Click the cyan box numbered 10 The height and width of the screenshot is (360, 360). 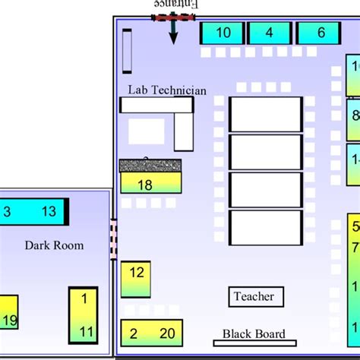tap(223, 33)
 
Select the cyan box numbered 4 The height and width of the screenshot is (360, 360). tap(269, 33)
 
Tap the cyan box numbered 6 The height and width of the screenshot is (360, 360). tap(319, 33)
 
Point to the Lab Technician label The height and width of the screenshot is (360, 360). tap(166, 90)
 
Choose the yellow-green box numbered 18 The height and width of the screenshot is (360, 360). tap(150, 183)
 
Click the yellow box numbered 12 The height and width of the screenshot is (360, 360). tap(136, 279)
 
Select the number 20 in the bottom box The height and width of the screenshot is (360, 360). tap(167, 333)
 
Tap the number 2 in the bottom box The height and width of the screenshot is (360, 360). tap(133, 333)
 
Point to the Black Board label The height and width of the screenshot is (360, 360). tap(254, 334)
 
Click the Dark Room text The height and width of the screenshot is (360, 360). tap(54, 245)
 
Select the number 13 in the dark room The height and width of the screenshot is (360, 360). tap(49, 212)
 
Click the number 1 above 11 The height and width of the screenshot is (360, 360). tap(84, 298)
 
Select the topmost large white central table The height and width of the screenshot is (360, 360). tap(266, 114)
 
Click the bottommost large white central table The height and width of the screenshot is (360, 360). tap(266, 228)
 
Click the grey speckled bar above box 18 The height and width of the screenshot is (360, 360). tap(150, 165)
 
